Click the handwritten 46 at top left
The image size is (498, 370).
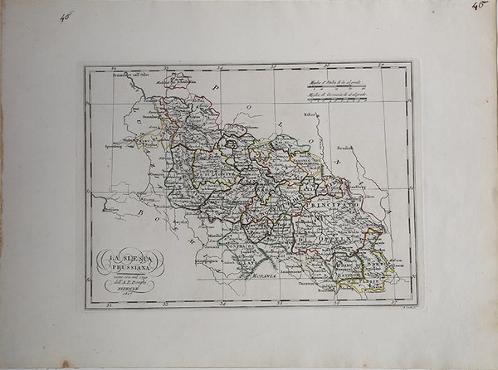pos(66,16)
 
